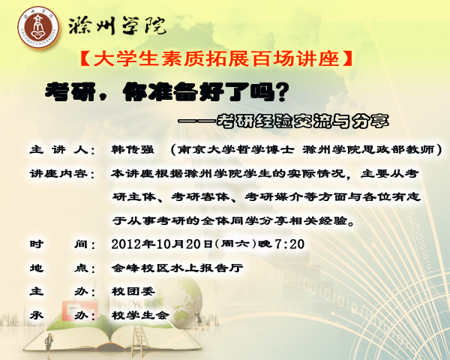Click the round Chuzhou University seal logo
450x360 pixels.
(x=38, y=27)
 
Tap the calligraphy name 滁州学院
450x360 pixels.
(x=117, y=25)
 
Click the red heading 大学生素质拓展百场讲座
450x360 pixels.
(x=217, y=58)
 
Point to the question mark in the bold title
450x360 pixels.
(x=280, y=91)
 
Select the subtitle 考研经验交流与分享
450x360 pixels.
(x=302, y=121)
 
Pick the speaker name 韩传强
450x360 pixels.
(x=133, y=149)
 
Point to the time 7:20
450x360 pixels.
(x=289, y=244)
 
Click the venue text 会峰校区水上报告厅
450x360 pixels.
(x=177, y=268)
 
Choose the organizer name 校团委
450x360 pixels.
(x=133, y=292)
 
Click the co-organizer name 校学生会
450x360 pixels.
(x=141, y=315)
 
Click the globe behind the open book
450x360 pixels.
(x=181, y=301)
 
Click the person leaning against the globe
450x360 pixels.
(x=199, y=319)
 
